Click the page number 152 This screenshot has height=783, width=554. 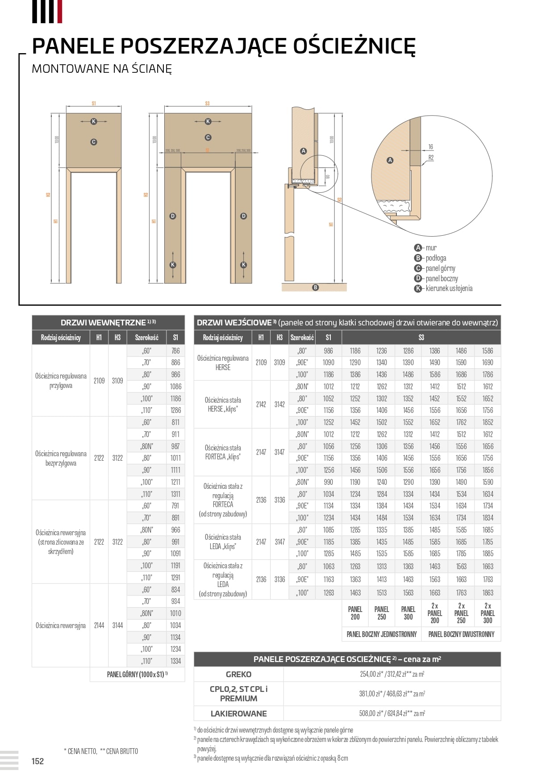point(37,761)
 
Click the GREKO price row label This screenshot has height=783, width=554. point(238,674)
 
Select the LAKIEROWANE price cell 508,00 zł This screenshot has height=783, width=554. point(392,713)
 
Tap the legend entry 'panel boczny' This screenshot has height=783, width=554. point(442,278)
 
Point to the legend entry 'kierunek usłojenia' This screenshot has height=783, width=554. point(449,288)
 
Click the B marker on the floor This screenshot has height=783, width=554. point(316,287)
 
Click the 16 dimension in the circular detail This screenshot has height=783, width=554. point(430,147)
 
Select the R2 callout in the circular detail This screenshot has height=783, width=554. point(431,158)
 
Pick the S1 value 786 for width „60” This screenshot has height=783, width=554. point(175,351)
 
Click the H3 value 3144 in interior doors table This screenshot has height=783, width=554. point(117,625)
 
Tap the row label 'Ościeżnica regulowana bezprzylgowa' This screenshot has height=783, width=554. point(61,458)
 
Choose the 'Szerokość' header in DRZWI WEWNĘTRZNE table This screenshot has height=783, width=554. point(146,337)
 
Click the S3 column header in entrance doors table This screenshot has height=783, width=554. point(421,337)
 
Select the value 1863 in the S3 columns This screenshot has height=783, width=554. point(487,593)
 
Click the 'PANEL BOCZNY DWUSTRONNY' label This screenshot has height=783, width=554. point(461,634)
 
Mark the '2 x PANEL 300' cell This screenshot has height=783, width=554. point(487,613)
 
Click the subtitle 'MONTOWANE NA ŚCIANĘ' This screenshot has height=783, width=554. point(102,69)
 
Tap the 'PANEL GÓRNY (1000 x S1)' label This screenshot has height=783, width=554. point(137,675)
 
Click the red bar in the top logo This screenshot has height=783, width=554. point(60,12)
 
